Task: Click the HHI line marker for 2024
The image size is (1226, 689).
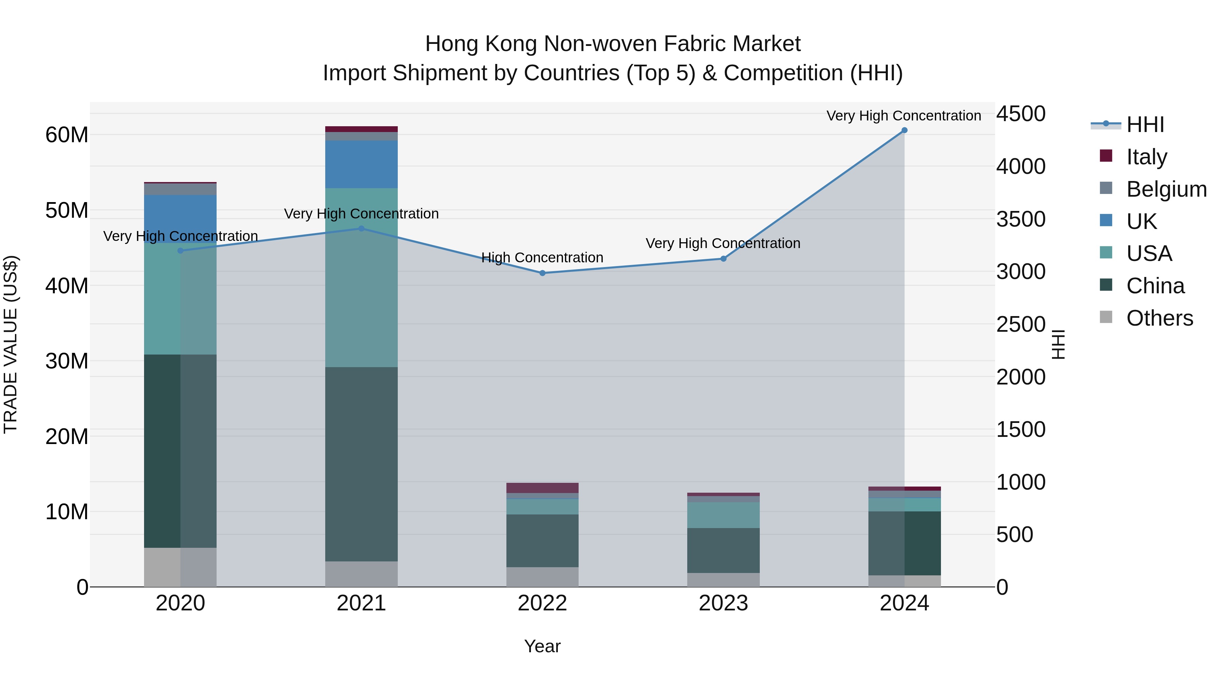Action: click(x=904, y=130)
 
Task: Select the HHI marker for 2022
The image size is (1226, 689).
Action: click(x=542, y=273)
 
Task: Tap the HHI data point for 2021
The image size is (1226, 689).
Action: click(x=361, y=229)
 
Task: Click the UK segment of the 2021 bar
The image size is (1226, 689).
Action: click(x=361, y=164)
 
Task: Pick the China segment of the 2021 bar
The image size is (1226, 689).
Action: click(x=361, y=464)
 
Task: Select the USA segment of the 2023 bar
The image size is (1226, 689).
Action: click(x=723, y=515)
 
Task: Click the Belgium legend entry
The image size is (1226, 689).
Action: click(x=1166, y=189)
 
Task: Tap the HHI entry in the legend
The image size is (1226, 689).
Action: click(x=1145, y=125)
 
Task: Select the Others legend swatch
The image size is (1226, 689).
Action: click(x=1106, y=317)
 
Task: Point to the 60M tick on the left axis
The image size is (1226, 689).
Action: click(x=67, y=135)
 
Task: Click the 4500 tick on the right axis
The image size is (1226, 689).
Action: click(x=1021, y=114)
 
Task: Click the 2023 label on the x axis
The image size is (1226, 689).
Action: click(x=723, y=603)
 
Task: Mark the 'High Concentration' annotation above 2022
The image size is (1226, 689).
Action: click(x=542, y=257)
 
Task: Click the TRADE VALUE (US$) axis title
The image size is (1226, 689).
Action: click(x=11, y=344)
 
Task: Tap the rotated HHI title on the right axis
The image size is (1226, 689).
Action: click(x=1058, y=344)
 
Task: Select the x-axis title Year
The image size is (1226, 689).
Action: click(x=542, y=646)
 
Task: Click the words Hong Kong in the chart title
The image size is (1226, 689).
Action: click(x=481, y=44)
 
